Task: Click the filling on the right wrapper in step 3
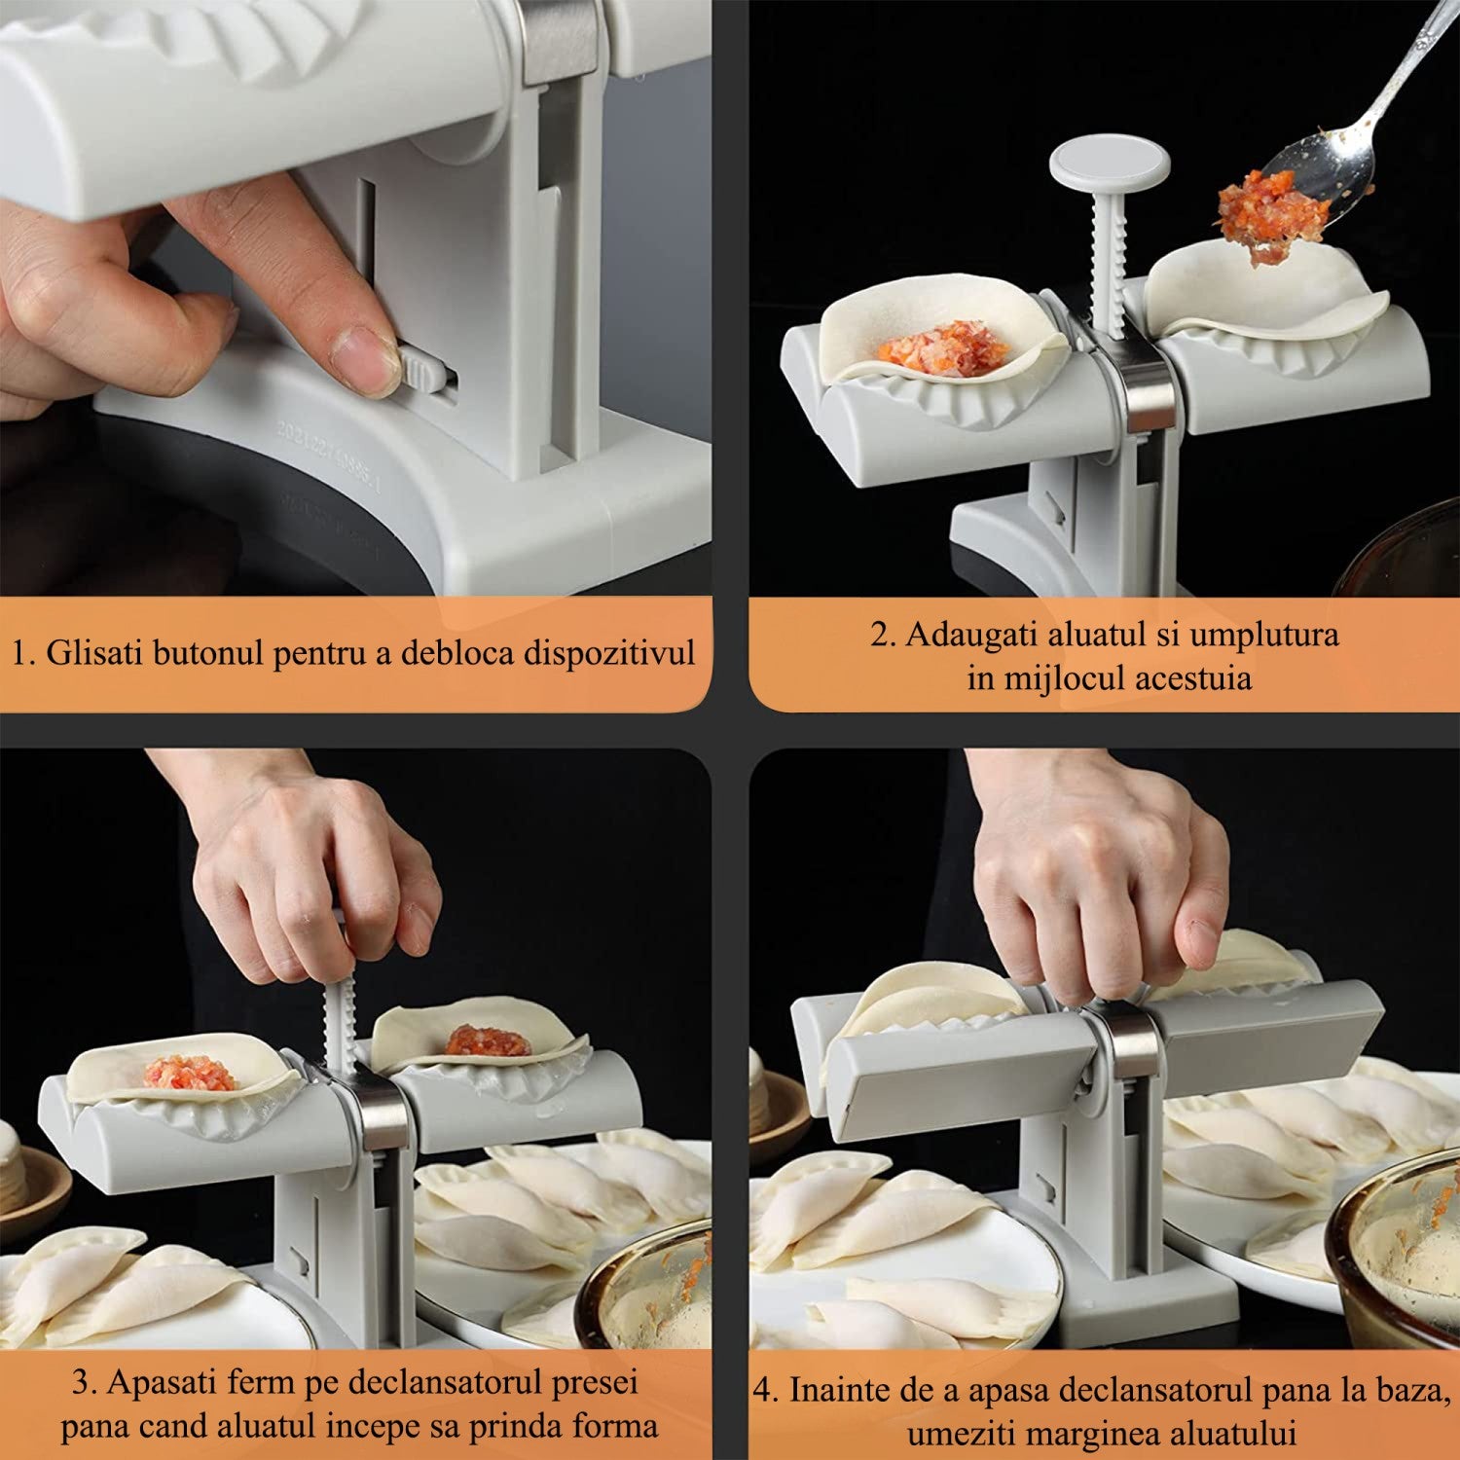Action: click(490, 1040)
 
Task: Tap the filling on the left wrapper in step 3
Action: click(190, 1074)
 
